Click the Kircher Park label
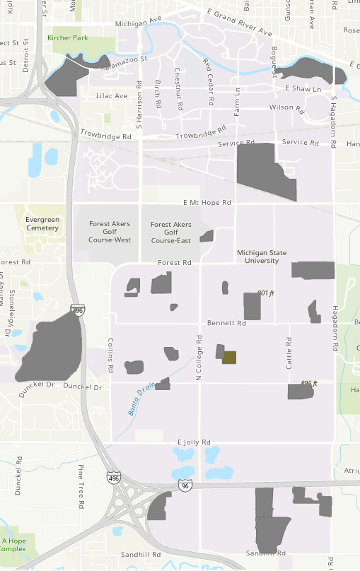coord(68,37)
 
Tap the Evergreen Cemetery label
coord(42,223)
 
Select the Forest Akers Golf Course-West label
coord(110,232)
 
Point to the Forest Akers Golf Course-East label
coord(171,232)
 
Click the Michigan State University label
coord(263,256)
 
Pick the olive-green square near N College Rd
coord(229,358)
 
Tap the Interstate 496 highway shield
coord(113,478)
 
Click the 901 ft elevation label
coord(265,293)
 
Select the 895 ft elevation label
coord(309,383)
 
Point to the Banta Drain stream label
coord(141,403)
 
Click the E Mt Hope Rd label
coord(207,202)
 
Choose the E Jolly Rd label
coord(194,442)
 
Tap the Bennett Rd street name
coord(226,323)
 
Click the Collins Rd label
coord(110,355)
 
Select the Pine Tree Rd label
coord(81,485)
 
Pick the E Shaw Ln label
coord(303,89)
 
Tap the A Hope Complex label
coord(13,544)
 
